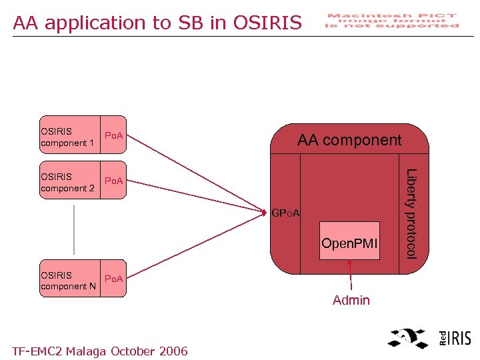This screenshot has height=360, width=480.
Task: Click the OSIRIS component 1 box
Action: tap(69, 137)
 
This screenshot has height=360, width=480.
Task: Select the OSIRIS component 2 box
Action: tap(69, 182)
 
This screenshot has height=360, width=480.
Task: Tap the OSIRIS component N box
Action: tap(69, 280)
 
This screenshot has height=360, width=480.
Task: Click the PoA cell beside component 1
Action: tap(114, 137)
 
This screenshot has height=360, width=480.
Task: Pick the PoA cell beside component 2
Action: tap(114, 182)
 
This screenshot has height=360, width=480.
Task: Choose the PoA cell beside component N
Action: tap(114, 280)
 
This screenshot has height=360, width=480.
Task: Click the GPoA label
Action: tap(287, 213)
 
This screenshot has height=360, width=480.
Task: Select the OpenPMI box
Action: tap(349, 241)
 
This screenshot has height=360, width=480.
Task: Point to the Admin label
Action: tap(351, 301)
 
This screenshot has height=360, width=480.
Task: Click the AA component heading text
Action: tap(349, 140)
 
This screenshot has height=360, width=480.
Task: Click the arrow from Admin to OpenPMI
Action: tap(349, 275)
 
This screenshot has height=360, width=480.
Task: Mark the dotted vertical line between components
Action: tap(74, 229)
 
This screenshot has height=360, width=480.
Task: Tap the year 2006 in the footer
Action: tap(172, 351)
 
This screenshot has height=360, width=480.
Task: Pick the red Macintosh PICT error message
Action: tap(392, 21)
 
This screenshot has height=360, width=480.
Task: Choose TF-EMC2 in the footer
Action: tap(37, 351)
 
